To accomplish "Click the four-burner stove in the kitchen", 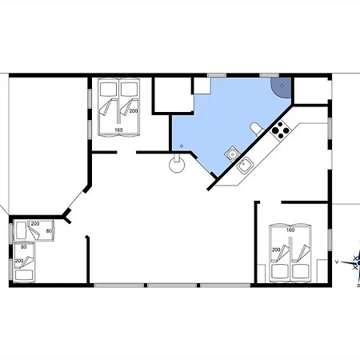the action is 280,130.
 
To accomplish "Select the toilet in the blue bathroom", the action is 258,129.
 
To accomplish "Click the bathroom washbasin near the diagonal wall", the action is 233,154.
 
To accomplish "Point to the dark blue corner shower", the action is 281,88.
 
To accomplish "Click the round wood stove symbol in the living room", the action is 177,163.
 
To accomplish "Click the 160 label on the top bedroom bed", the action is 118,130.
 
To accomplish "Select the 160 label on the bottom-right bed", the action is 290,230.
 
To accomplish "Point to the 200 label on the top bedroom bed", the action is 134,110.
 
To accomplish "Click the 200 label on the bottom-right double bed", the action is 276,250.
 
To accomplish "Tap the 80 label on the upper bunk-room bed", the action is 49,231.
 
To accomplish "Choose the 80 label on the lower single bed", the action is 24,247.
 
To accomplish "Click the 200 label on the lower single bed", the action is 19,261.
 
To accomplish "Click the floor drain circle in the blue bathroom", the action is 182,146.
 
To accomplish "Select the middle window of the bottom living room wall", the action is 172,286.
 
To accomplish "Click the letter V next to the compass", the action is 337,262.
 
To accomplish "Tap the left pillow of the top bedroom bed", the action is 108,89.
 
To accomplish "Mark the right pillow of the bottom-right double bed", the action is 302,271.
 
